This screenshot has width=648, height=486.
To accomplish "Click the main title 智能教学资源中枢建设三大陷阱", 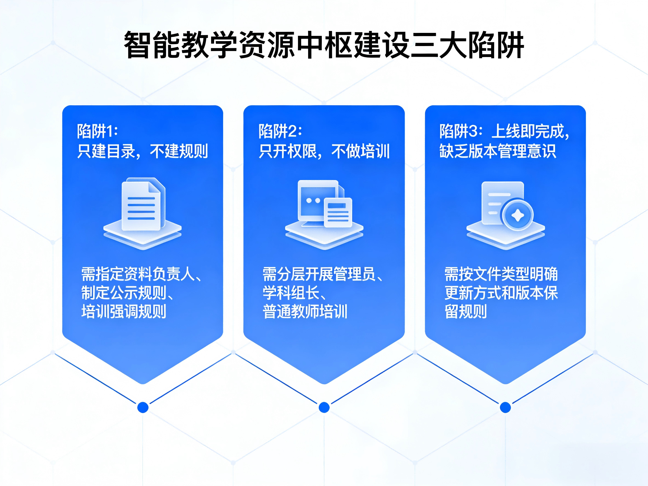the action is [324, 45].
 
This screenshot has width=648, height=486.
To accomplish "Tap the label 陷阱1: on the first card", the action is [97, 131].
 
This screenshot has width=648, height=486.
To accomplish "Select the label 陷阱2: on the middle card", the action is [280, 131].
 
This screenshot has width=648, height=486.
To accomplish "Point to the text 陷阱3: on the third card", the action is [461, 131].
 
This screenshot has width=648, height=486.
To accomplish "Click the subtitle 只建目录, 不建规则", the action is [142, 151].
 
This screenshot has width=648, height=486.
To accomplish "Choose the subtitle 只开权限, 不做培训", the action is [324, 151].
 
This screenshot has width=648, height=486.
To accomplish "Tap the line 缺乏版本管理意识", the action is [498, 151].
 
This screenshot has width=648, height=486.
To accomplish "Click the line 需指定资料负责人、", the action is [141, 274].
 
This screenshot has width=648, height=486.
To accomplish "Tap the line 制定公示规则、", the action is [127, 293].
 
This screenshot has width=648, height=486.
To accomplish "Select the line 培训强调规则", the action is [124, 311].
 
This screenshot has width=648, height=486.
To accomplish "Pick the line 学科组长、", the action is [294, 293].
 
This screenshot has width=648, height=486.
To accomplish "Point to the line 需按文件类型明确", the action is [501, 274].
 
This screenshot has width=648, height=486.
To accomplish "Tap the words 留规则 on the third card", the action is [466, 311].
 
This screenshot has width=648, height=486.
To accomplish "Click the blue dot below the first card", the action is [143, 408].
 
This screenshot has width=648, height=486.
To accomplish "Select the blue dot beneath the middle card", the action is [324, 408].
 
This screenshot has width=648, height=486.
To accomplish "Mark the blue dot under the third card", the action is [505, 408].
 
